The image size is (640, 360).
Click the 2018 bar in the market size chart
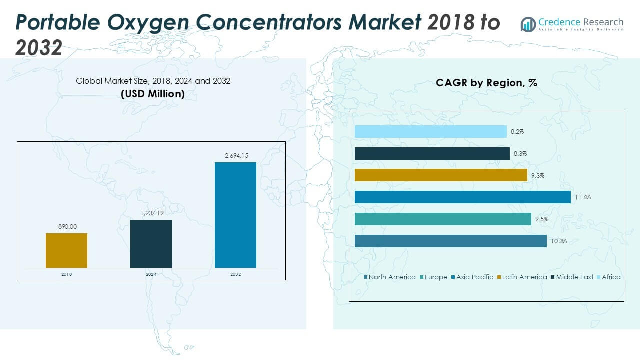click(66, 250)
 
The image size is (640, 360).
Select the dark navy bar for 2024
click(151, 244)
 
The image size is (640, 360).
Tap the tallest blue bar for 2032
click(235, 215)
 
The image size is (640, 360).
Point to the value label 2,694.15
click(235, 156)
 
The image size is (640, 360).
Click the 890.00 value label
click(66, 226)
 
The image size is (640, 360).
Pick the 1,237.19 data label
click(151, 213)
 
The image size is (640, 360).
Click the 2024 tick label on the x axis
click(151, 274)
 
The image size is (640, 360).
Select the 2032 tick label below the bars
click(235, 274)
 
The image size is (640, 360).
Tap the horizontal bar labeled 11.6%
click(462, 197)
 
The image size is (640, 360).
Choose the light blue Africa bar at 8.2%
click(430, 131)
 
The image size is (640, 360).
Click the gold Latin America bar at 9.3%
click(441, 175)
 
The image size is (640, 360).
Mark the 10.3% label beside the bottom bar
click(558, 241)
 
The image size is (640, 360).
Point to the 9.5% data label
click(542, 219)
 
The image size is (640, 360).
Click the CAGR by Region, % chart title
click(486, 83)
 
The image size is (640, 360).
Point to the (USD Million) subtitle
click(153, 94)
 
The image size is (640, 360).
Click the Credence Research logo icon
click(528, 24)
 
